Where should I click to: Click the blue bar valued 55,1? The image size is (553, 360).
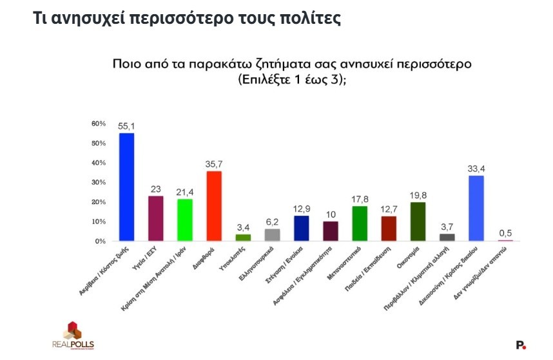coord(126,187)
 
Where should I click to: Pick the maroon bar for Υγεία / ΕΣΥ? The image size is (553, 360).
coord(155,218)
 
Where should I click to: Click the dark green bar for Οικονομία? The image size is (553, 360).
coord(417,222)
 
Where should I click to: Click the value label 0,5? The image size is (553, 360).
coord(506,233)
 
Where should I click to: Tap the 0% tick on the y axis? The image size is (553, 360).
coord(101,241)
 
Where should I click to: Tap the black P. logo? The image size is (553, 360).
coord(521,345)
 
